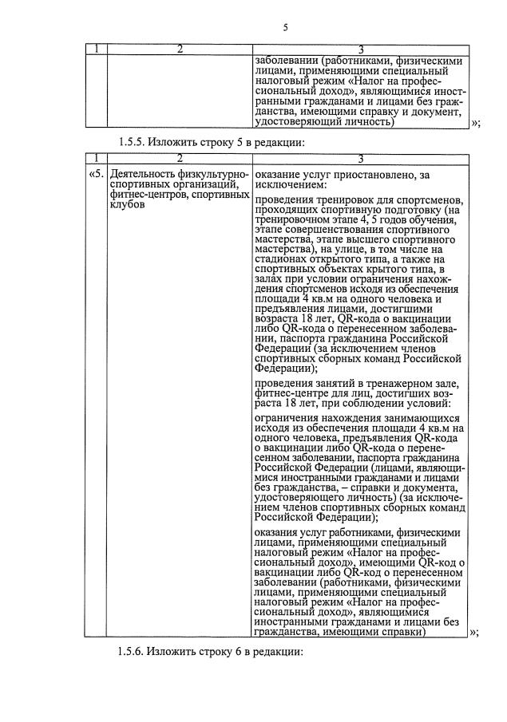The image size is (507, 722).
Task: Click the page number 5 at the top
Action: (285, 28)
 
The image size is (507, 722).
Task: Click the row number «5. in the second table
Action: (95, 173)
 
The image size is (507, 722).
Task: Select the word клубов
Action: (128, 204)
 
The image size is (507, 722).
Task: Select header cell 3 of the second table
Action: (360, 158)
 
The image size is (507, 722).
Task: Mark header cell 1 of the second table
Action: (95, 158)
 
